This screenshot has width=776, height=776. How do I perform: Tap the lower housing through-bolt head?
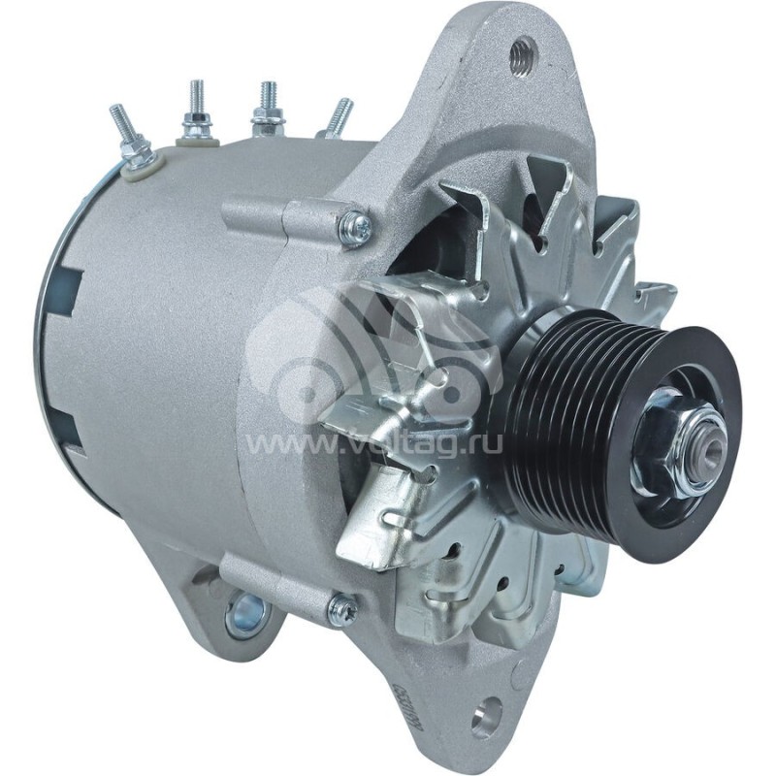pyautogui.click(x=341, y=608)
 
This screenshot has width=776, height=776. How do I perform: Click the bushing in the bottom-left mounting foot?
pyautogui.click(x=244, y=614)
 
